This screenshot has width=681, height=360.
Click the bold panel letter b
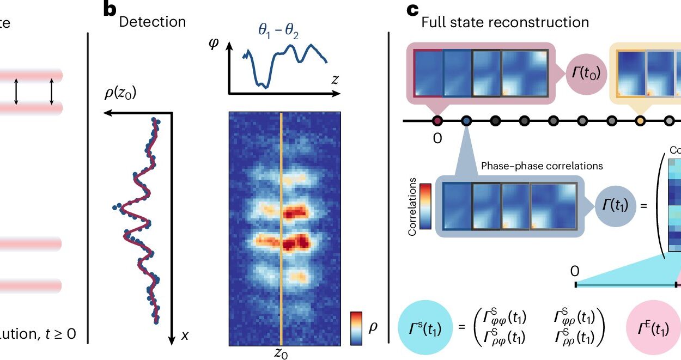[x=111, y=10]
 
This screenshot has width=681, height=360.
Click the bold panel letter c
[x=414, y=10]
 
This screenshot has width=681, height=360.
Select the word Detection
[x=152, y=22]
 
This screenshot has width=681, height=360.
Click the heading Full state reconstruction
[x=505, y=22]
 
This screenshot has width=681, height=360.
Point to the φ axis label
[x=214, y=44]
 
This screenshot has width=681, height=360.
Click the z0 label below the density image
[x=281, y=353]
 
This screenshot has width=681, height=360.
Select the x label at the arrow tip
[x=185, y=336]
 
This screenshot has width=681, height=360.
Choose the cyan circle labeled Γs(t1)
[x=423, y=329]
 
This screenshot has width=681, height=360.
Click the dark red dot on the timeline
[x=437, y=120]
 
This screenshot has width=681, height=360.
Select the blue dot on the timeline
[x=466, y=120]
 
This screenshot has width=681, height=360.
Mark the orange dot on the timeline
[x=640, y=120]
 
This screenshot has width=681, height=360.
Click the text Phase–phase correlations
[x=542, y=166]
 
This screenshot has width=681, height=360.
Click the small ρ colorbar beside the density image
[x=356, y=328]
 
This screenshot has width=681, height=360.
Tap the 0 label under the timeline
[x=437, y=138]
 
